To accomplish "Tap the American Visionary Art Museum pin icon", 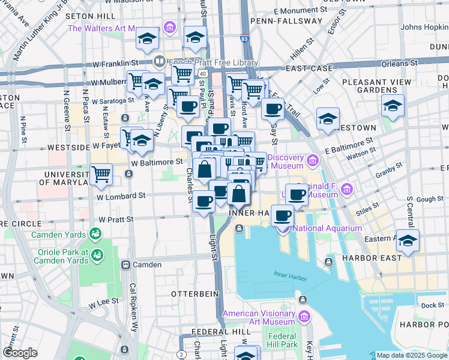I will pos(304,316).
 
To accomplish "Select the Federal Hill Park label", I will pos(283,340).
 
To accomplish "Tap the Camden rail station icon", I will pos(126,265).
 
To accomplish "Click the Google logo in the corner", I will pos(20,353).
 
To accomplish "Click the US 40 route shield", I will pos(203,73).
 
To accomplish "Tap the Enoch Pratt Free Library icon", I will pos(159,61).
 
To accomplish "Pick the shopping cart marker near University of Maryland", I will pos(101,174).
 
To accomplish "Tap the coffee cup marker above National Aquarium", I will pos(282,215).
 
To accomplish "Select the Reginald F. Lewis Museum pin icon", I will pos(346,190).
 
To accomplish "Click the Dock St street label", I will pos(432,305).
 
